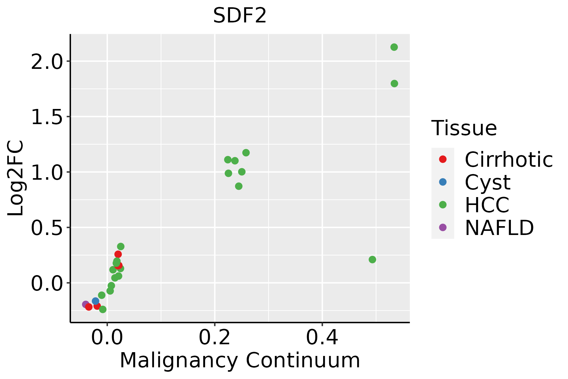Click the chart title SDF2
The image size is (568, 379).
pyautogui.click(x=240, y=16)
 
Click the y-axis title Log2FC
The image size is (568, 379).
pyautogui.click(x=16, y=178)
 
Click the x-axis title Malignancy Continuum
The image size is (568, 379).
pyautogui.click(x=240, y=360)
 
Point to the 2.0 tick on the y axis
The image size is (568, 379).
pyautogui.click(x=46, y=61)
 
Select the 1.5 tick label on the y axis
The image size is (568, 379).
pyautogui.click(x=46, y=117)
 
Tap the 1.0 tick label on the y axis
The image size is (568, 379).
pyautogui.click(x=46, y=172)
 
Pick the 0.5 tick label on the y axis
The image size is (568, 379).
pyautogui.click(x=46, y=227)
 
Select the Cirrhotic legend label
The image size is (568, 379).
pyautogui.click(x=509, y=159)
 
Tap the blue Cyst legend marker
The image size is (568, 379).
pyautogui.click(x=443, y=182)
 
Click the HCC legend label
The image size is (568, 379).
pyautogui.click(x=487, y=205)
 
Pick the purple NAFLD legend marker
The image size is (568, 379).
pyautogui.click(x=443, y=227)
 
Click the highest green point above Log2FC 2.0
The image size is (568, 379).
pyautogui.click(x=394, y=47)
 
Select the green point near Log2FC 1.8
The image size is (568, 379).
pyautogui.click(x=394, y=84)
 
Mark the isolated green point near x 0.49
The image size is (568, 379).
pyautogui.click(x=372, y=260)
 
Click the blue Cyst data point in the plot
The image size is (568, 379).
pyautogui.click(x=96, y=301)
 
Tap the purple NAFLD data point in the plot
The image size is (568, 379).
pyautogui.click(x=86, y=304)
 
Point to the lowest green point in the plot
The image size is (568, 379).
pyautogui.click(x=103, y=309)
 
